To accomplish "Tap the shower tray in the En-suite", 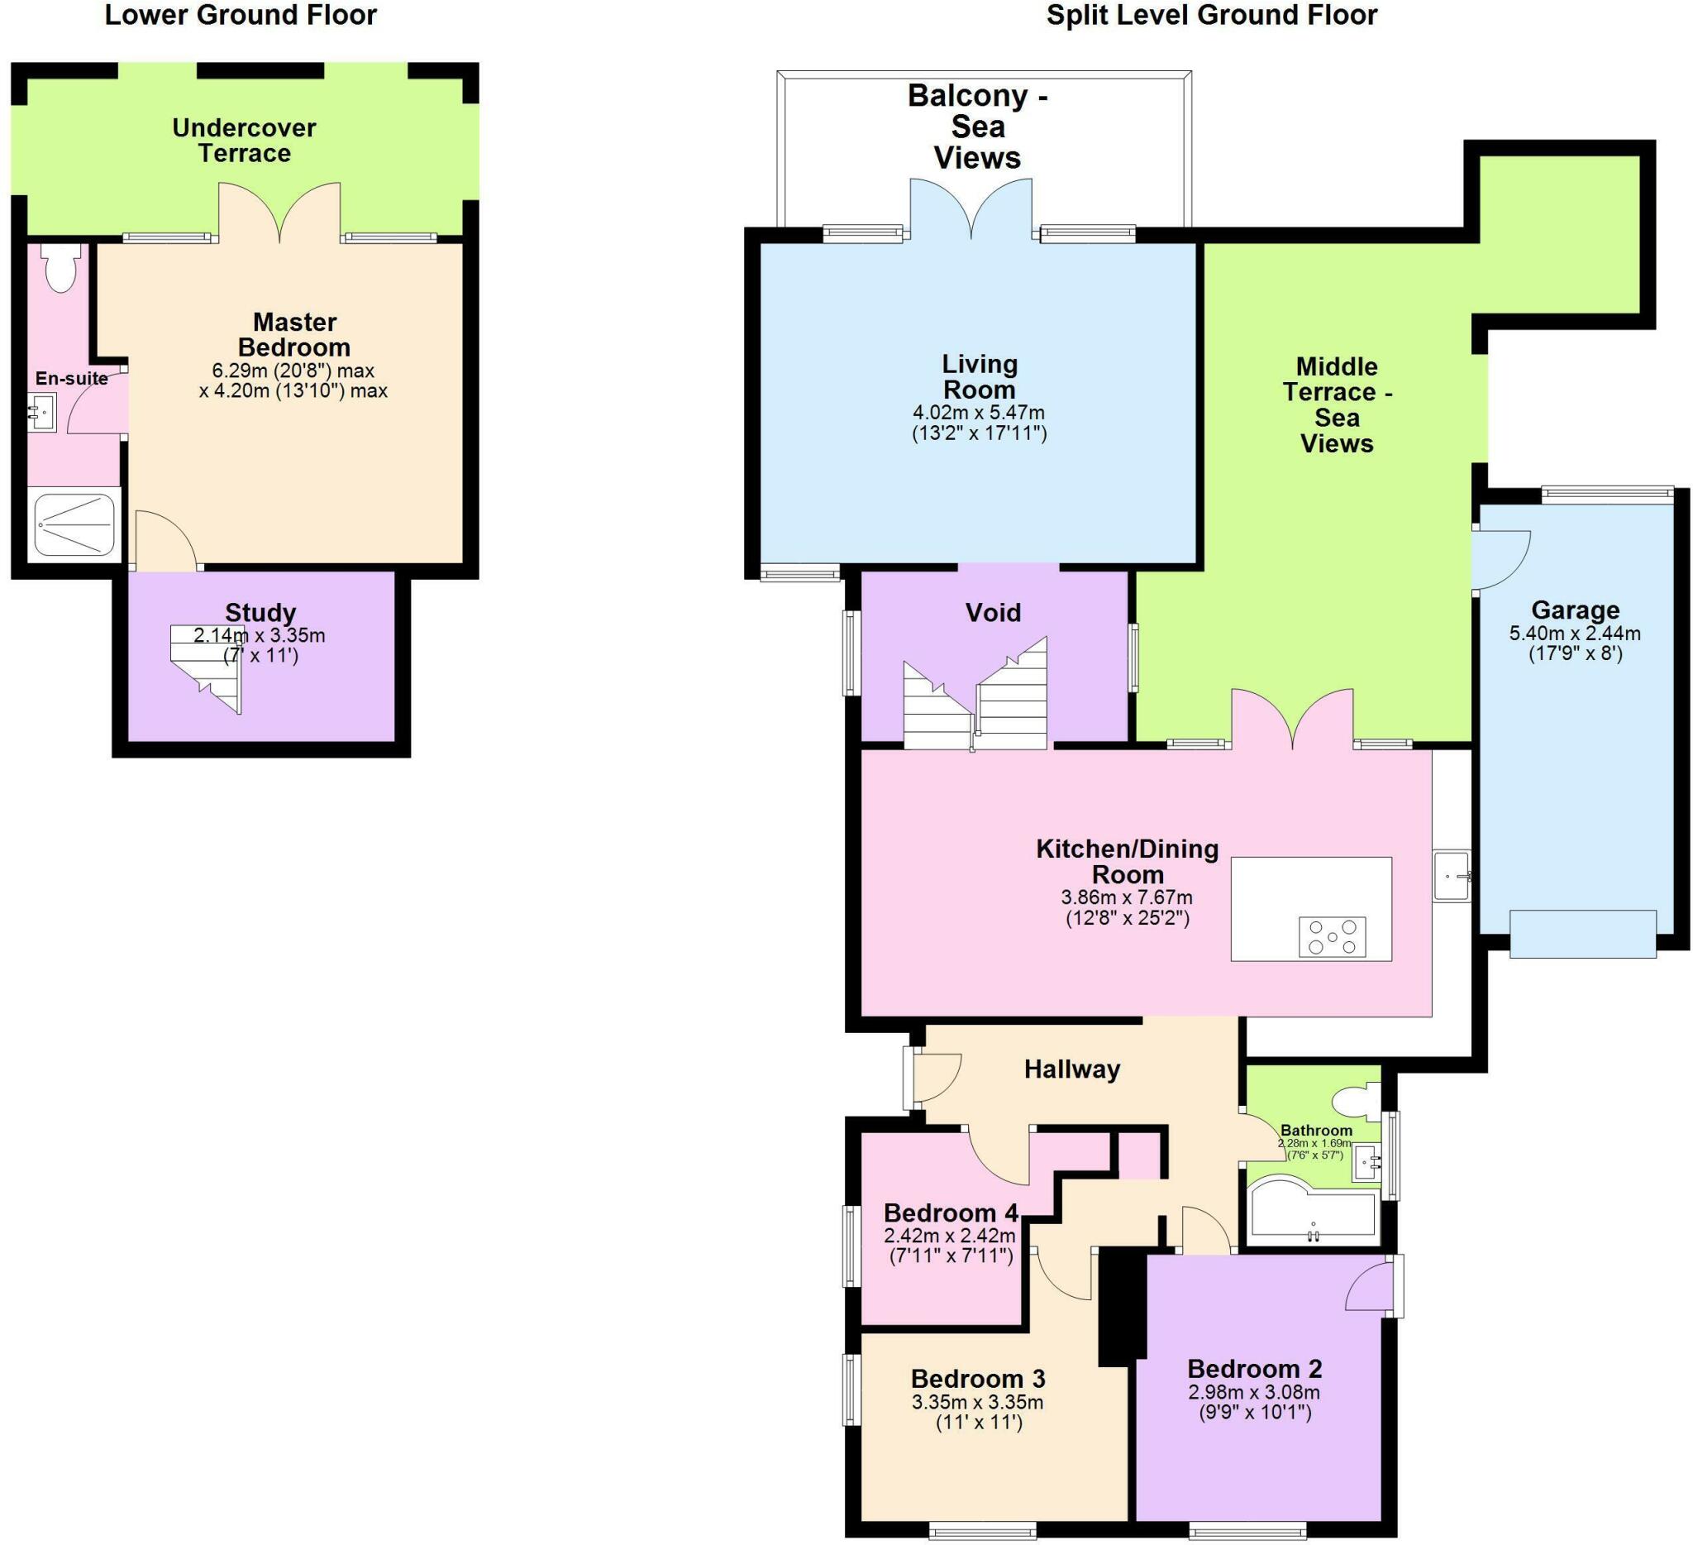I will [74, 525].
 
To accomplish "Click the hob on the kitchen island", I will [1332, 936].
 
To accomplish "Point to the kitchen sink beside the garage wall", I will [1451, 876].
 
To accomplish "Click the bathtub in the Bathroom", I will [1313, 1213].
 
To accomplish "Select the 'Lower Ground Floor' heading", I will [241, 15].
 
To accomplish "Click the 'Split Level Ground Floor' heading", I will [1211, 15].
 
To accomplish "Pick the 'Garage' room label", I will [1575, 610].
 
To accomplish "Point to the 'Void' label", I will [993, 612].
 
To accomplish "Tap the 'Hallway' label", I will [1071, 1069].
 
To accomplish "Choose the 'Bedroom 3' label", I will [977, 1379].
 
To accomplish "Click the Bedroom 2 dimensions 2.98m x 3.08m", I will [1253, 1402].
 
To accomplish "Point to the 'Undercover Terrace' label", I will [244, 141].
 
